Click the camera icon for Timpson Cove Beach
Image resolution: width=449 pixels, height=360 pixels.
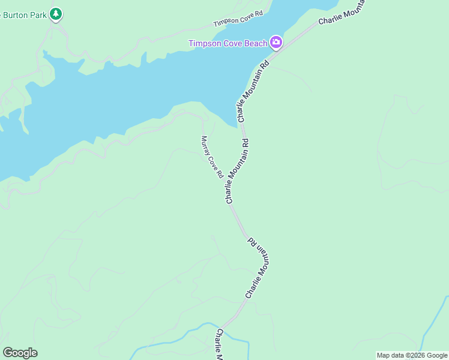pyautogui.click(x=276, y=41)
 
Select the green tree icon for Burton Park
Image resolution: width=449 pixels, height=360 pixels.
pyautogui.click(x=56, y=13)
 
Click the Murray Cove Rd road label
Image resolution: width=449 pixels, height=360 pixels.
pyautogui.click(x=212, y=157)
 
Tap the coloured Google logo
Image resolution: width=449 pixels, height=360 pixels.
pyautogui.click(x=20, y=353)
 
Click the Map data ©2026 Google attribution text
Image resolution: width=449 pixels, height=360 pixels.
pyautogui.click(x=412, y=355)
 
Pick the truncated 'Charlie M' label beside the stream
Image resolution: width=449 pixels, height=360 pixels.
pyautogui.click(x=220, y=344)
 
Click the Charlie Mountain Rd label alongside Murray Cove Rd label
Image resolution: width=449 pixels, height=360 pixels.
pyautogui.click(x=237, y=171)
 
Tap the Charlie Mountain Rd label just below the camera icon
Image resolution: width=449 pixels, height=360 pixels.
pyautogui.click(x=251, y=91)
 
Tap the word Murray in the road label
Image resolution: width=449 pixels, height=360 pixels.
pyautogui.click(x=205, y=143)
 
